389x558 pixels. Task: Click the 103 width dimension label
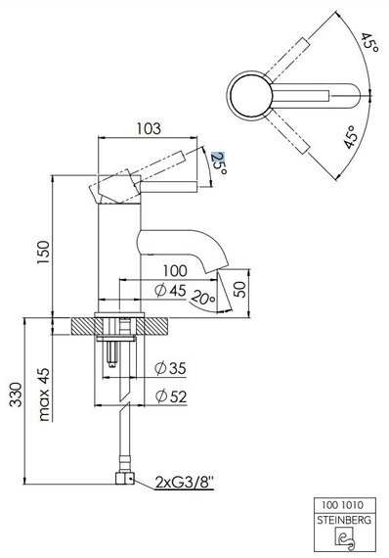(x=149, y=128)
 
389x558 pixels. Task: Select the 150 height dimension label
(x=43, y=253)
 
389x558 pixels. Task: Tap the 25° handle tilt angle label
(x=219, y=163)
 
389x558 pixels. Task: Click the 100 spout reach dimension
(x=175, y=271)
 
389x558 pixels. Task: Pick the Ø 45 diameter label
(x=170, y=291)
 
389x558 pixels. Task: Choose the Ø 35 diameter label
(x=170, y=368)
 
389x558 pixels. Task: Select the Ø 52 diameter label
(x=171, y=396)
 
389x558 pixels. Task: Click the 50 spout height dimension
(x=239, y=290)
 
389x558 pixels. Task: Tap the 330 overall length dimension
(x=16, y=395)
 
